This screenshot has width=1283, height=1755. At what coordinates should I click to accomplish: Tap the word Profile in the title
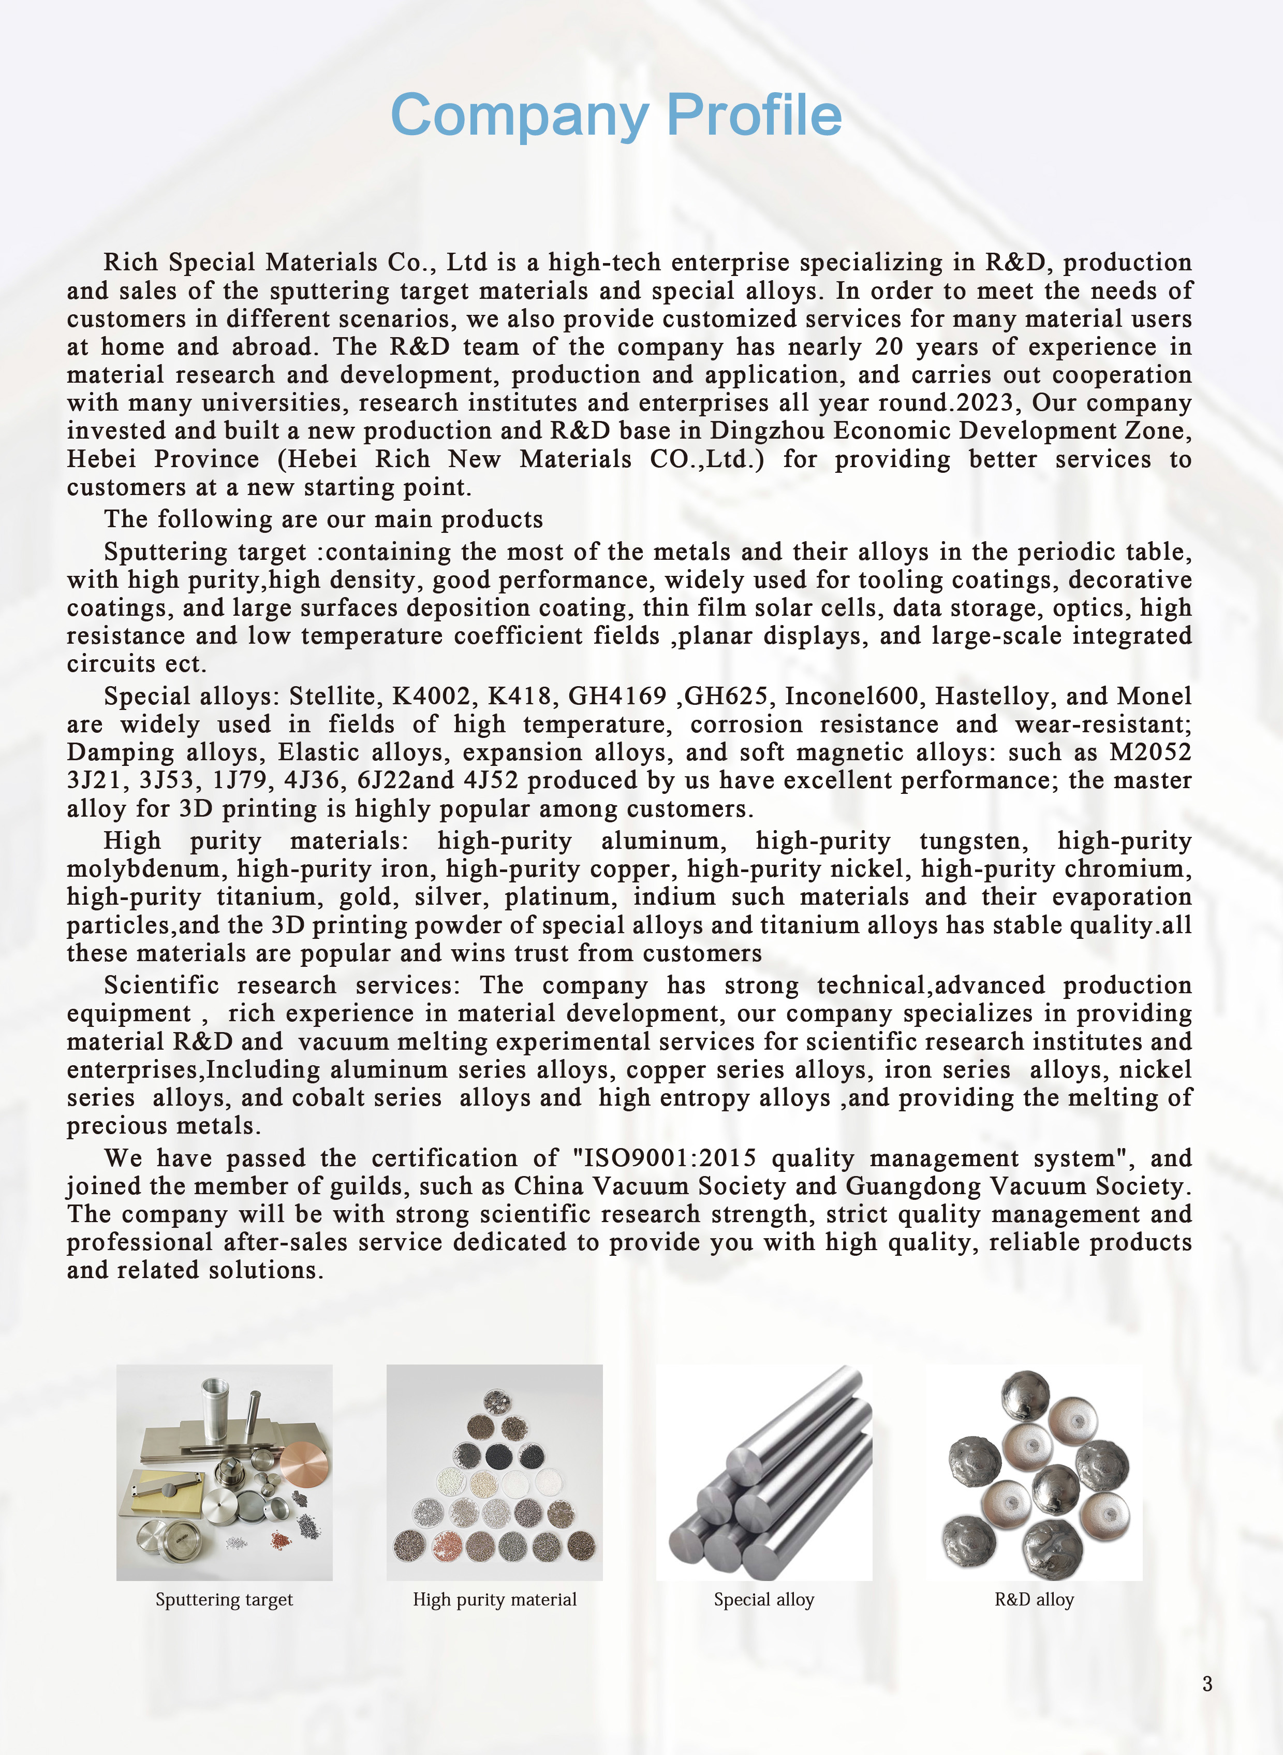tap(754, 114)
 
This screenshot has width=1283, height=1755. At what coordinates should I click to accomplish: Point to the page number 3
tap(1207, 1684)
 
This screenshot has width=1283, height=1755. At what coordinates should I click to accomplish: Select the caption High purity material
tap(495, 1600)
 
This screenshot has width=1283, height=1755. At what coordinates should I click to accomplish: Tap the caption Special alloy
tap(764, 1600)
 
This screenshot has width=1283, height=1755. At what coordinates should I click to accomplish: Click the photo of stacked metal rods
tap(764, 1473)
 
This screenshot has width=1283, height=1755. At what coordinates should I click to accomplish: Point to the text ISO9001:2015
tap(665, 1158)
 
